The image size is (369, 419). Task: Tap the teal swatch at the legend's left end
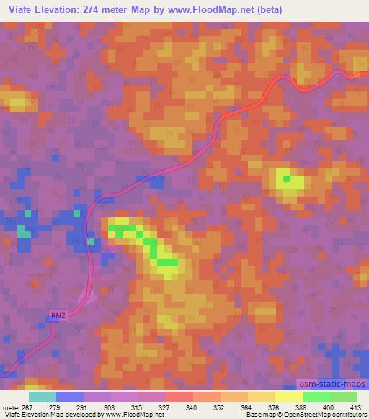pos(43,397)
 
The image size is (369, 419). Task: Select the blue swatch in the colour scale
pos(70,397)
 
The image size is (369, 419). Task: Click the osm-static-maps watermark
pos(333,384)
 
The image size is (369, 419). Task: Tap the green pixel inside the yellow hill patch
pos(287,179)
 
